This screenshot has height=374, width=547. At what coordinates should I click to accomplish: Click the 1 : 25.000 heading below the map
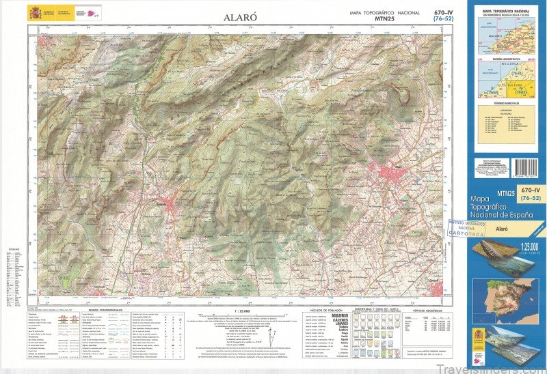pyautogui.click(x=243, y=311)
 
